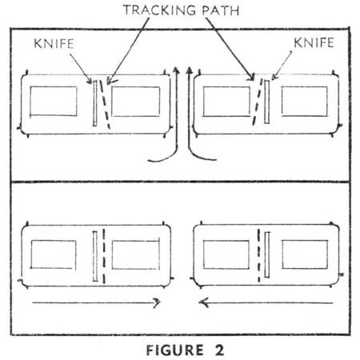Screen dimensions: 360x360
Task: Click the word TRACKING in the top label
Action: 160,10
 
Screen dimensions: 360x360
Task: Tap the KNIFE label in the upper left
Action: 54,44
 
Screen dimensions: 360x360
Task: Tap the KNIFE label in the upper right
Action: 314,42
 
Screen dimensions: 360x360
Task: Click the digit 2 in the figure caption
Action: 219,350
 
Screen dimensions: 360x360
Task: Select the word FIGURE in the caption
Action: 175,350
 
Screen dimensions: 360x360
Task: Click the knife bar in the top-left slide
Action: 94,102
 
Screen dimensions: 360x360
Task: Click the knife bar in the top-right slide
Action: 266,102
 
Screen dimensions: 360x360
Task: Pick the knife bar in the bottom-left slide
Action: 95,256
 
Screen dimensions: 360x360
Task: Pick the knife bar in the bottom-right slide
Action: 267,255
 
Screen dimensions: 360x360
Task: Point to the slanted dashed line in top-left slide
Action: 105,105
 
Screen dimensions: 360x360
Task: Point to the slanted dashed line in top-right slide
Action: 257,102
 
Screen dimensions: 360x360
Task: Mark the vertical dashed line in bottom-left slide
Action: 104,256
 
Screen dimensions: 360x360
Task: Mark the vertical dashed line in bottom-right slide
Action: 258,255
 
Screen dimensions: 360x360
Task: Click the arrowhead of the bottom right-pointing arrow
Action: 158,302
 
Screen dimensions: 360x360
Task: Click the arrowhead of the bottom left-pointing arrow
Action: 202,302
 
